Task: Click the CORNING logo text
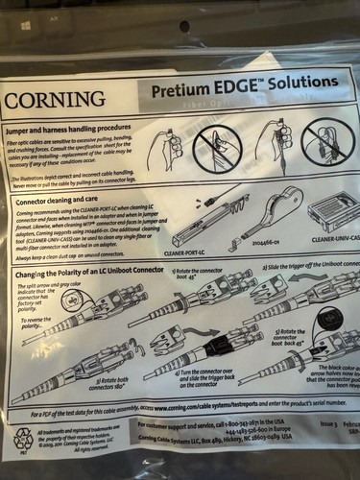click(x=56, y=99)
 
